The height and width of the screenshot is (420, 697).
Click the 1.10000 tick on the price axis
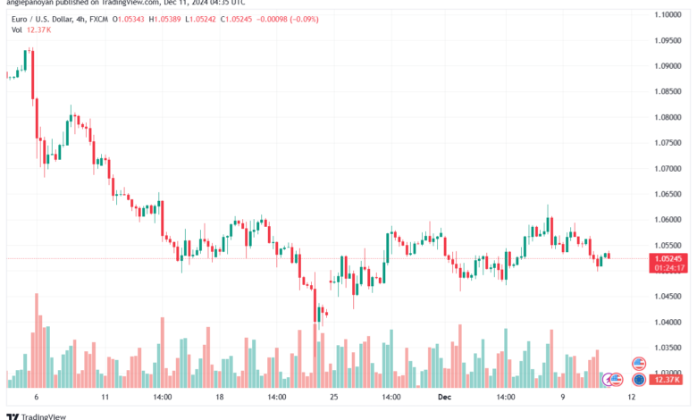[668, 15]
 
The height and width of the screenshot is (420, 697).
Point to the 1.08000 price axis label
[668, 117]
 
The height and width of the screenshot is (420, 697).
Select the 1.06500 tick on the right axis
[668, 194]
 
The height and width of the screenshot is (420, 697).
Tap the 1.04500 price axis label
[668, 296]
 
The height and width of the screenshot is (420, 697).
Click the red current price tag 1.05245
[668, 257]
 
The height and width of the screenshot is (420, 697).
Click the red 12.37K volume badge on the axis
[668, 380]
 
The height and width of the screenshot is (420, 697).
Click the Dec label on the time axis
[443, 395]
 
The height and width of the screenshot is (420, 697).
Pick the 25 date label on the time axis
[334, 395]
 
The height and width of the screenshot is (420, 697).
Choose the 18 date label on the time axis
[220, 395]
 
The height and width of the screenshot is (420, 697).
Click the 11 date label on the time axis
[105, 395]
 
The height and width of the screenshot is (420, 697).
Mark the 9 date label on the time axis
[563, 395]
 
